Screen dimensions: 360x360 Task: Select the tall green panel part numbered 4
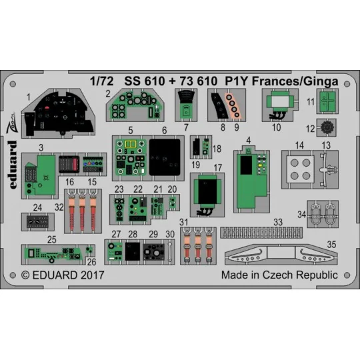coord(250,173)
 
